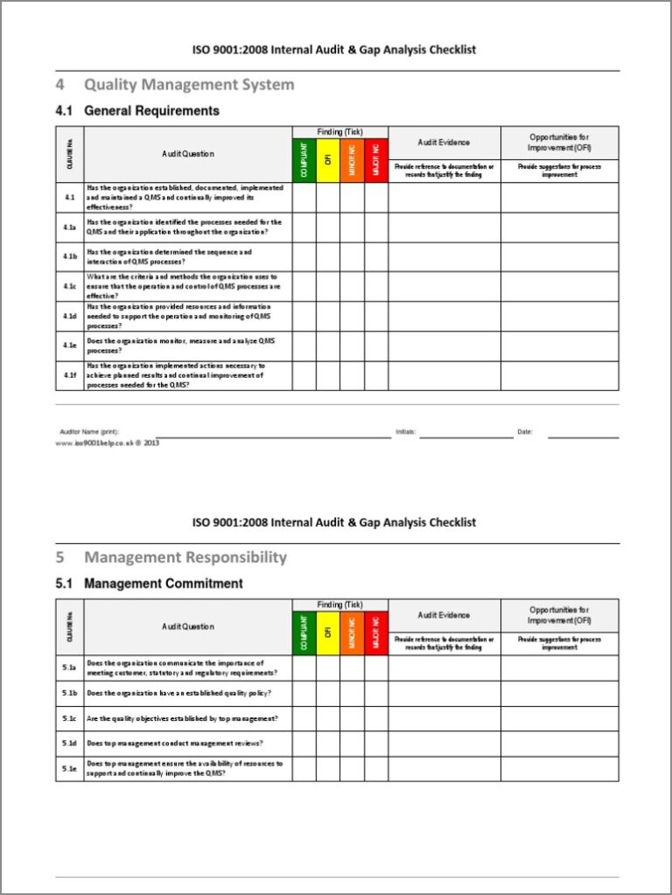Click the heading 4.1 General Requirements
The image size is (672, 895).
click(x=137, y=111)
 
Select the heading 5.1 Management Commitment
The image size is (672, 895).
click(x=150, y=584)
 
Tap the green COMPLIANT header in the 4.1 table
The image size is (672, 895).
click(x=304, y=160)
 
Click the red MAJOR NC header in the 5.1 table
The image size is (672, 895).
click(x=375, y=633)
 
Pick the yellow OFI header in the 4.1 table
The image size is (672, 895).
click(x=328, y=160)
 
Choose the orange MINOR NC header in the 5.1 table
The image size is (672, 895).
click(x=352, y=633)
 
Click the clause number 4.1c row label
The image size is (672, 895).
click(x=70, y=286)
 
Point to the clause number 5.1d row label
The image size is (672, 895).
click(x=70, y=744)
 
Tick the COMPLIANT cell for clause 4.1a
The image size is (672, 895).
click(x=304, y=227)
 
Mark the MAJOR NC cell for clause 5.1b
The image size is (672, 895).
click(x=375, y=693)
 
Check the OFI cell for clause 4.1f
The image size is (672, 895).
click(x=328, y=375)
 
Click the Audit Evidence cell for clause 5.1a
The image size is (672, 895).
click(x=444, y=668)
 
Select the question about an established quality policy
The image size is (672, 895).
click(x=178, y=693)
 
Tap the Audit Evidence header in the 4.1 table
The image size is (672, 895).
click(x=444, y=143)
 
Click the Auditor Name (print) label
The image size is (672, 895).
click(x=89, y=432)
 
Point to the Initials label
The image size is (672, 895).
click(x=406, y=432)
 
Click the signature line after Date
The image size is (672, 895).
click(x=583, y=435)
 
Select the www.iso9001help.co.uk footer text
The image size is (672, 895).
click(x=107, y=444)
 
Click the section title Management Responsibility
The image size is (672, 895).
click(x=185, y=557)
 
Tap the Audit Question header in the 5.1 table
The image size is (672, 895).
click(x=187, y=626)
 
